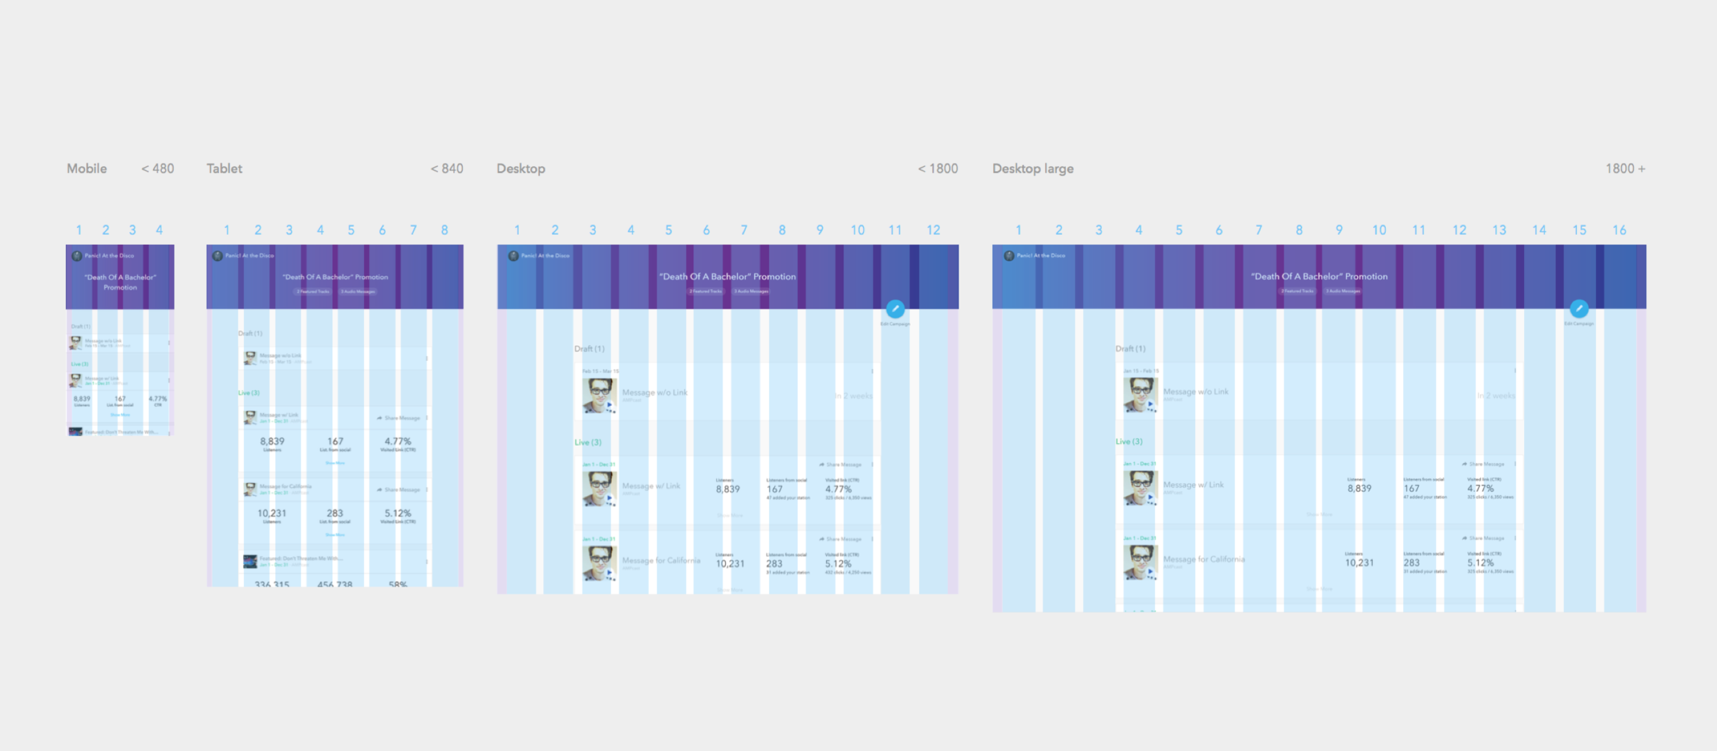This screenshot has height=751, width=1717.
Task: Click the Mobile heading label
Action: point(87,168)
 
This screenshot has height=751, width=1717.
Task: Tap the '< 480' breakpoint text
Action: point(158,168)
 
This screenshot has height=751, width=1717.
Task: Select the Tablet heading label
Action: point(225,168)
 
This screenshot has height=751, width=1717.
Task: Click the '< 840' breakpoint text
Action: point(447,168)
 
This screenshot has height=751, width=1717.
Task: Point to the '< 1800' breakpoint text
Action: point(938,168)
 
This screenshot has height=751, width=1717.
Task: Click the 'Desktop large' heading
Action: point(1032,168)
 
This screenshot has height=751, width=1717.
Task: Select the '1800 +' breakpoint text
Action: point(1625,168)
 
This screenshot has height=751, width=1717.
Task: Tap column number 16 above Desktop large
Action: point(1619,230)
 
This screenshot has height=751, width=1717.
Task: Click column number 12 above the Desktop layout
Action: point(933,230)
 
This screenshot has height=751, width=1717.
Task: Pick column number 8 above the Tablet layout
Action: point(444,230)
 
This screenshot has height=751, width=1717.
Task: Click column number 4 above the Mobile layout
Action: point(159,230)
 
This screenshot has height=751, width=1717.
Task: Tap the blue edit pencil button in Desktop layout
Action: point(895,309)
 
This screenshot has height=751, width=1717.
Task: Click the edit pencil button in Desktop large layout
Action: point(1579,309)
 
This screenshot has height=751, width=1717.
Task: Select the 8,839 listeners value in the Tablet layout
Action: point(272,441)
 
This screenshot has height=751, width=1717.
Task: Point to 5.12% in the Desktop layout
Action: point(838,563)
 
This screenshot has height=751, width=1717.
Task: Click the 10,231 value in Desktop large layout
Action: point(1359,562)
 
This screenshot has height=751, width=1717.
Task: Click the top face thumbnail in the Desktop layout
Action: point(599,395)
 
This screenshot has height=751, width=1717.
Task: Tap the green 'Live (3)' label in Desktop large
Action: point(1129,441)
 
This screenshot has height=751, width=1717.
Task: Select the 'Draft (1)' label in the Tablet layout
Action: point(250,333)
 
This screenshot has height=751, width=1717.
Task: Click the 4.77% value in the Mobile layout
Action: point(158,399)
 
